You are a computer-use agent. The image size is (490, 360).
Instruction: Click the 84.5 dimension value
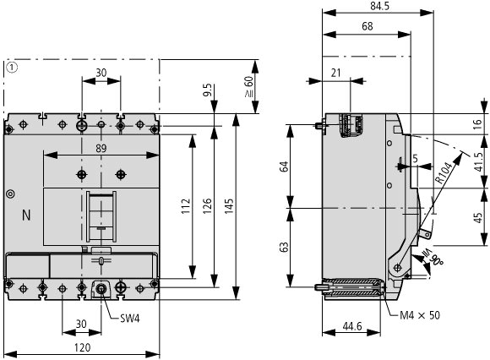(x=379, y=6)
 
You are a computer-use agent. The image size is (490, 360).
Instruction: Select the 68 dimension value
(x=367, y=26)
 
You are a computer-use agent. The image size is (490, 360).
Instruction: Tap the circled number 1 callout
(x=12, y=68)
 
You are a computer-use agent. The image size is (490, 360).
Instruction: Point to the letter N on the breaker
(x=26, y=215)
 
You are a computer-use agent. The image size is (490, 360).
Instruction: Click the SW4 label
(x=130, y=319)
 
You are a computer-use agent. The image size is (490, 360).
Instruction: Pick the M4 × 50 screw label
(x=420, y=315)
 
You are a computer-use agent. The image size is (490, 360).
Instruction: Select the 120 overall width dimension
(x=83, y=347)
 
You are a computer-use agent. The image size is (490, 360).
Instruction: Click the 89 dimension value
(x=101, y=149)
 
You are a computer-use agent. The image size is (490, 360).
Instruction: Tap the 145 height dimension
(x=229, y=206)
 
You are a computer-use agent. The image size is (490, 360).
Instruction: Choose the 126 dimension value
(x=207, y=206)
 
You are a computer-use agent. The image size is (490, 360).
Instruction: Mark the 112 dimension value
(x=186, y=206)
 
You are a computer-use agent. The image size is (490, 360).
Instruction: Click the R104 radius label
(x=444, y=172)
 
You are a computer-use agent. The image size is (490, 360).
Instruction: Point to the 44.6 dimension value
(x=352, y=326)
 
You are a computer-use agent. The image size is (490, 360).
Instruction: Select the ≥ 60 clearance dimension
(x=249, y=87)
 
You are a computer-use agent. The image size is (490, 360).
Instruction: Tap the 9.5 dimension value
(x=208, y=90)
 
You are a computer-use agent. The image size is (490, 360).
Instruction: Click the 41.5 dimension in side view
(x=478, y=162)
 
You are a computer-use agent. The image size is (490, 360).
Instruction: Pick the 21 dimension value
(x=335, y=73)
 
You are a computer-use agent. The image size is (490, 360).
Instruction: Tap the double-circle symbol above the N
(x=11, y=194)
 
